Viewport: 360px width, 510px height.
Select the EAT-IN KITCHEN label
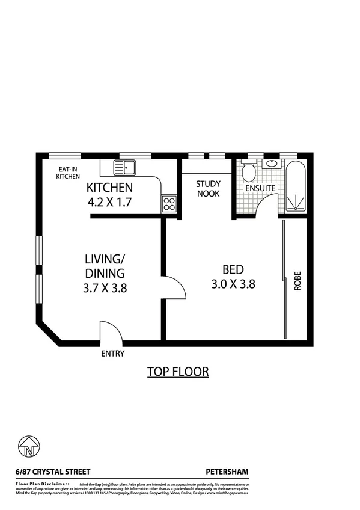click(x=68, y=173)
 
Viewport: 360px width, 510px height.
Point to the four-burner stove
click(x=169, y=204)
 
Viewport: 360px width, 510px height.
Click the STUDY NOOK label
click(x=208, y=189)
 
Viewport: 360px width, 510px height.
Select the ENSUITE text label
click(x=260, y=188)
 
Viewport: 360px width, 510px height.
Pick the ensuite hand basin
click(x=272, y=163)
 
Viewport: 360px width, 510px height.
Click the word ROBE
click(x=297, y=283)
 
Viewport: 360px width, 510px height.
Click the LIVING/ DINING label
click(x=105, y=266)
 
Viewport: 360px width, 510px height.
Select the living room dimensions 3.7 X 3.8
click(x=105, y=288)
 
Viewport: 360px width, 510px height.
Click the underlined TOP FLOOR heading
click(x=178, y=372)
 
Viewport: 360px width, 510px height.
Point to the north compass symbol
click(x=29, y=448)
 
